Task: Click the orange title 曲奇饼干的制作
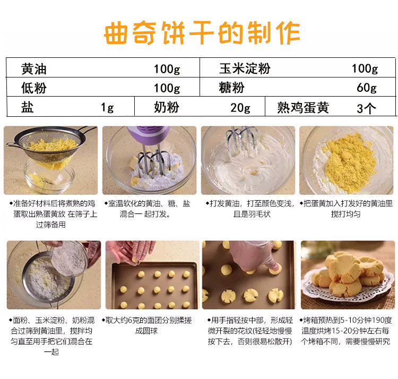click(202, 33)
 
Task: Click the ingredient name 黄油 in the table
click(34, 69)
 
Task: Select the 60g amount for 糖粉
click(367, 88)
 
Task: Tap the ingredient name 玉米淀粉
click(245, 68)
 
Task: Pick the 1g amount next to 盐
click(107, 107)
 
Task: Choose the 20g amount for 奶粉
click(240, 108)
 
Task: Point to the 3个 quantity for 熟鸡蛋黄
click(366, 108)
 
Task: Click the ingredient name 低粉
click(34, 88)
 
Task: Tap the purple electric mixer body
click(148, 134)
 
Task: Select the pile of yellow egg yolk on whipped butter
click(349, 162)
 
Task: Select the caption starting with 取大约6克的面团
click(146, 325)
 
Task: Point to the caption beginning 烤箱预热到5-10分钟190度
click(345, 331)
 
